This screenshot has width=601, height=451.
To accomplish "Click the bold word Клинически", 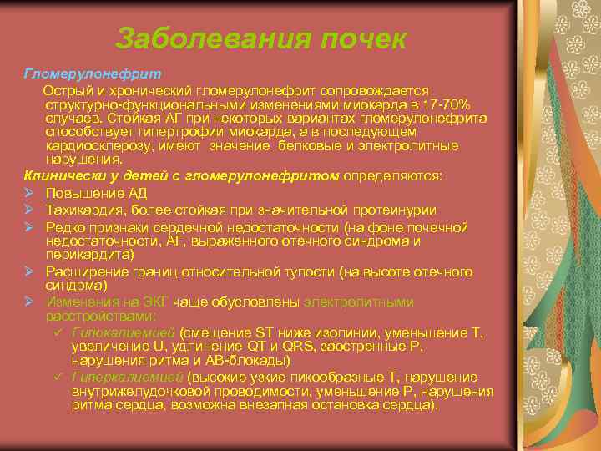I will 63,176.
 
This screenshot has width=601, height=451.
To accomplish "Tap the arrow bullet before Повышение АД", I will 29,191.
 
